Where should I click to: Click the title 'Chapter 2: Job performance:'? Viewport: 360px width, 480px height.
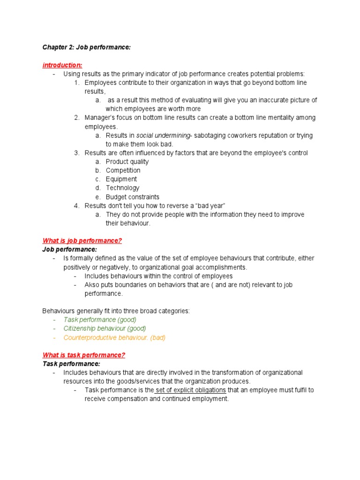[83, 48]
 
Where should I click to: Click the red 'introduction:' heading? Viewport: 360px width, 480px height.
[62, 65]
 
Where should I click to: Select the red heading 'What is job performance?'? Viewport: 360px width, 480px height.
[82, 240]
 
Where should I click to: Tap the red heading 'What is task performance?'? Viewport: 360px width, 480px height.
[84, 355]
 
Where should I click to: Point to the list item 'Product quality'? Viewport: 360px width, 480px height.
[127, 162]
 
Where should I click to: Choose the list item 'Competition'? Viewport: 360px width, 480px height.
[123, 171]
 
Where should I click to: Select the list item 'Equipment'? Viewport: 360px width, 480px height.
[121, 179]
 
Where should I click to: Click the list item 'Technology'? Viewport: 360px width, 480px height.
[122, 188]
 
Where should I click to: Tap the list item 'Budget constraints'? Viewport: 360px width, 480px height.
[132, 197]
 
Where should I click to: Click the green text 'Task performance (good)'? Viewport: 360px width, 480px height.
[100, 320]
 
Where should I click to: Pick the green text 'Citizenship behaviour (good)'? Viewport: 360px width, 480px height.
[105, 329]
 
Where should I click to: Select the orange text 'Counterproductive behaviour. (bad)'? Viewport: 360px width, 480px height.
[114, 337]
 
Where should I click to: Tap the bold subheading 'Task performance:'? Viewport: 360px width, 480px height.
[71, 364]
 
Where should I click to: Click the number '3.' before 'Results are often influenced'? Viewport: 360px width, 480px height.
[77, 153]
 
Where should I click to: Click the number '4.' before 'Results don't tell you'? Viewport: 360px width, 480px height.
[77, 206]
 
